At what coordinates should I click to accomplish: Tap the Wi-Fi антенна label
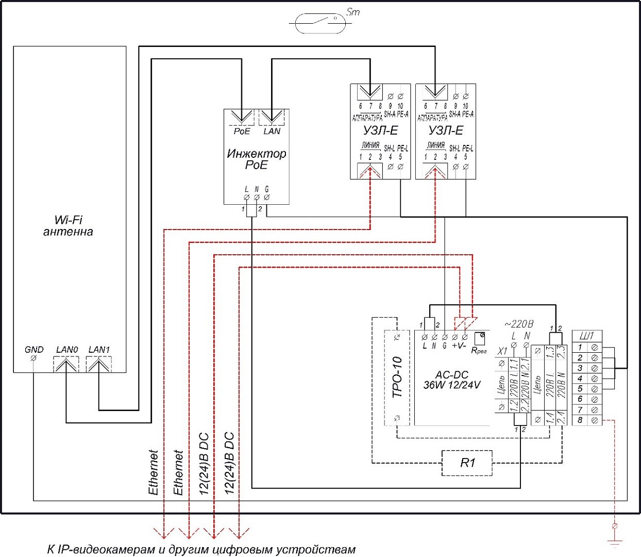click(68, 226)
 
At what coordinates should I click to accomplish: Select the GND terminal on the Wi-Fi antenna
click(33, 357)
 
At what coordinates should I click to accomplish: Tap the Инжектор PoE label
click(256, 159)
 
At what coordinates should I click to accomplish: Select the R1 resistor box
click(467, 463)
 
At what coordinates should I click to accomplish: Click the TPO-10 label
click(397, 377)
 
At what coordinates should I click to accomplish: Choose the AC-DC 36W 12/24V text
click(451, 380)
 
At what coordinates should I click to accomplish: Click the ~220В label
click(518, 324)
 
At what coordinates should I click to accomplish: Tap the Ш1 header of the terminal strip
click(586, 336)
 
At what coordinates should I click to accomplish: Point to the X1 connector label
click(502, 351)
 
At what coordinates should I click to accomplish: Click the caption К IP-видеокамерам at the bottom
click(201, 549)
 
